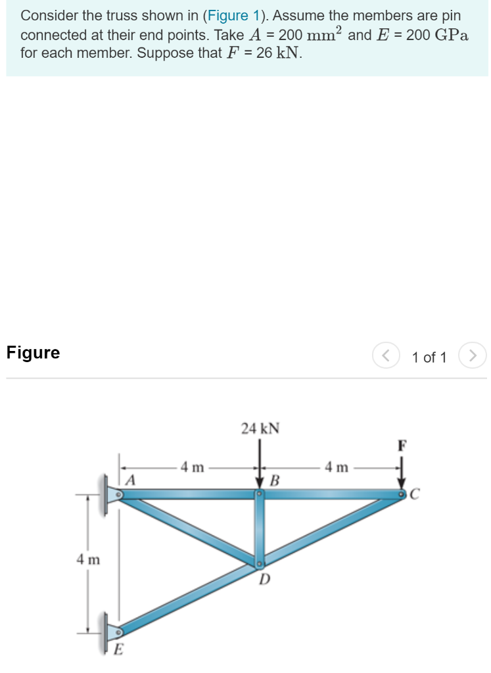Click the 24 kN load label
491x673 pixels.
pos(260,429)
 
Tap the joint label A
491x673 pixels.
pos(130,480)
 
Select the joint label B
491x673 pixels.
pos(275,480)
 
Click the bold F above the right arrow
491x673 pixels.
pos(402,445)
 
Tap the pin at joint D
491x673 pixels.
pos(260,563)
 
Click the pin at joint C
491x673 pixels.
pos(401,493)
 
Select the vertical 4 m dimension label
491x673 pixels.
pos(87,560)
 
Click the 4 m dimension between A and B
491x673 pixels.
pos(193,467)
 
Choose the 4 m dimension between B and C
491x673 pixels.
pos(337,467)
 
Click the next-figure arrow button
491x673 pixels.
pos(473,356)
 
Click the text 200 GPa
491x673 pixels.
pos(437,35)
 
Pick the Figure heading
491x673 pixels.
pos(33,353)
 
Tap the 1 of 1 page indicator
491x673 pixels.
pos(429,358)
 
